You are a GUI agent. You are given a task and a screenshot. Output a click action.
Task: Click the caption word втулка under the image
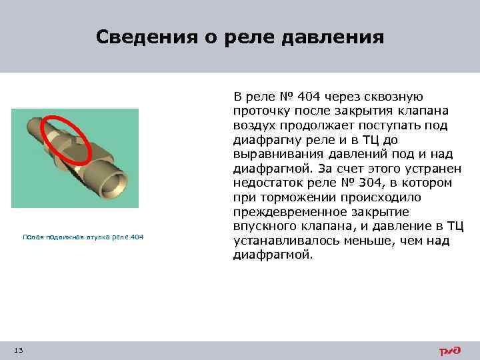pyautogui.click(x=97, y=237)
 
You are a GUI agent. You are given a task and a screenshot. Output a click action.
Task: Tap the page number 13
pyautogui.click(x=18, y=351)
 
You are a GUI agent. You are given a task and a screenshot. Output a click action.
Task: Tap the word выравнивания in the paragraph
pyautogui.click(x=275, y=154)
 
